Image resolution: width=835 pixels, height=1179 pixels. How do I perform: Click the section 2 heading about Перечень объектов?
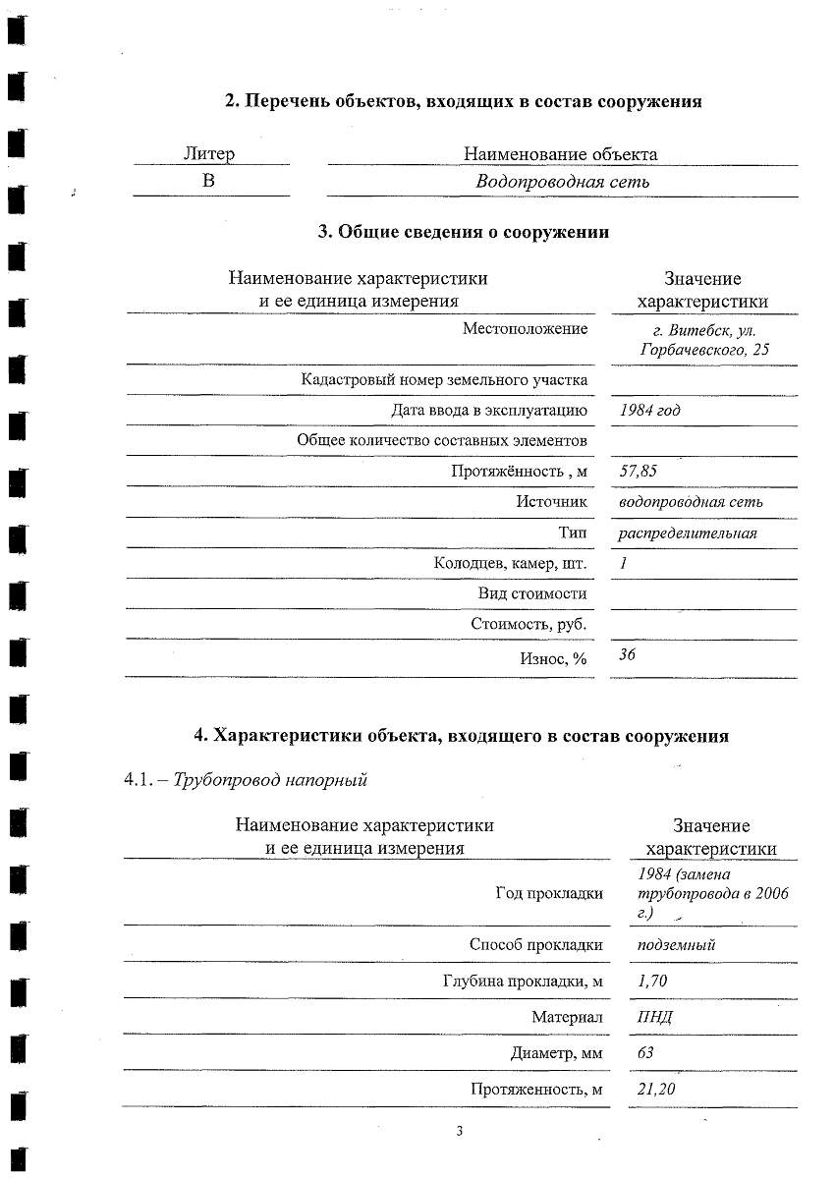click(x=463, y=101)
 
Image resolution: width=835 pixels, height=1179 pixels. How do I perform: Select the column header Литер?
click(x=209, y=154)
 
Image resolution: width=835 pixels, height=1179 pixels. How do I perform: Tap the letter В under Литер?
click(x=209, y=182)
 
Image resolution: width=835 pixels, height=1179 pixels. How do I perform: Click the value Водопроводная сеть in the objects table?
click(x=562, y=182)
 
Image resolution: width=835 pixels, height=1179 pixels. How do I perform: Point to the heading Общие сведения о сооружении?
click(x=463, y=232)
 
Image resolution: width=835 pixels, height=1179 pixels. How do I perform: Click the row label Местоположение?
click(x=525, y=329)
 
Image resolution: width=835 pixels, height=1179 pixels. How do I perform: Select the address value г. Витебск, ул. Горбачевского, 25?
click(x=702, y=339)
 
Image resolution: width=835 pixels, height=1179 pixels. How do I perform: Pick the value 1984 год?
click(x=649, y=411)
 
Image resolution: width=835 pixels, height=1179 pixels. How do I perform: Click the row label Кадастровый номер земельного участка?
click(x=444, y=380)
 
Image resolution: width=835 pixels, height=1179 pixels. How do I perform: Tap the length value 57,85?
click(x=639, y=472)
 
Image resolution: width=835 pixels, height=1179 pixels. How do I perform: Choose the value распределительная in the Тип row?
click(x=688, y=533)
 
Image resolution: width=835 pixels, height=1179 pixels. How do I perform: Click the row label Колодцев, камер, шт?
click(x=510, y=564)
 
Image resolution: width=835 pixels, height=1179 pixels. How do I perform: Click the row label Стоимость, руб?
click(x=529, y=624)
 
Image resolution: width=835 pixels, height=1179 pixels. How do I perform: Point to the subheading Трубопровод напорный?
click(x=269, y=781)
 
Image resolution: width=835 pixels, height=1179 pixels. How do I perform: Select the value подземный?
click(x=676, y=945)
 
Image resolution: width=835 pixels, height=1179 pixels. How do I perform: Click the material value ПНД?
click(x=654, y=1017)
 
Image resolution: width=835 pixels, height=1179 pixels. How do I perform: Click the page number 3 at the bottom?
click(x=459, y=1131)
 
